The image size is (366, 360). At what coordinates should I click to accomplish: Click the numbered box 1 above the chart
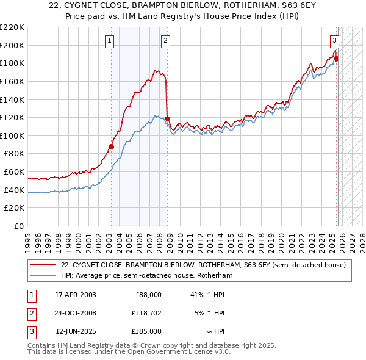point(109,41)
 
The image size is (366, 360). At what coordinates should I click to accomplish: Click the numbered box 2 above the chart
point(165,41)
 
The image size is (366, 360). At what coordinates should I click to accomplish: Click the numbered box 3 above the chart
point(334,41)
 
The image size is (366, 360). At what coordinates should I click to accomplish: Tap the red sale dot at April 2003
point(111,146)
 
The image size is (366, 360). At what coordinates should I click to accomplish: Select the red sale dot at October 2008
point(168,118)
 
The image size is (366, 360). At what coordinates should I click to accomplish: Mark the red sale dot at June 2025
point(336,59)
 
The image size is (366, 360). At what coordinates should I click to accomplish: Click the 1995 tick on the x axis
point(27,238)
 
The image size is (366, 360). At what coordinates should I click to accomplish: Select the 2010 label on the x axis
point(180,238)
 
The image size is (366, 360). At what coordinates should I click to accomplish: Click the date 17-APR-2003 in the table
point(75,295)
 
